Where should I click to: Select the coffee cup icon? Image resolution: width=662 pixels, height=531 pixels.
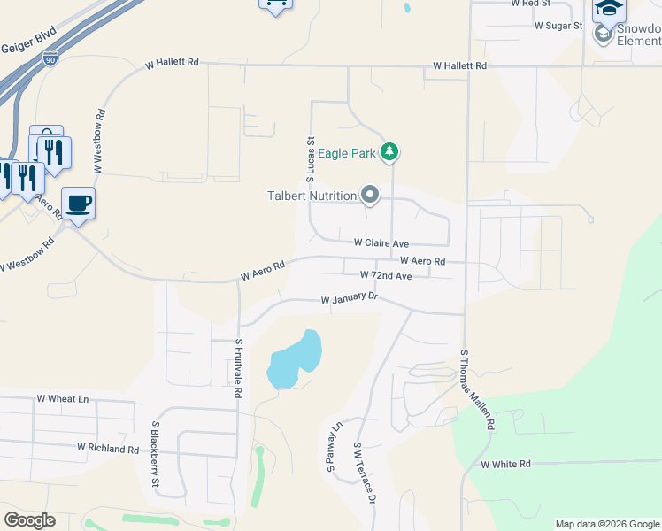point(78,204)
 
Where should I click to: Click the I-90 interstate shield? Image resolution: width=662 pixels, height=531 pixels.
point(50,59)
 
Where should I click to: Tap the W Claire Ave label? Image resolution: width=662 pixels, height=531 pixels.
point(381,242)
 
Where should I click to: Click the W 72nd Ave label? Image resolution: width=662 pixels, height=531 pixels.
point(385,276)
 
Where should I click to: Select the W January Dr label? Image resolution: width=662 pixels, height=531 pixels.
point(349,300)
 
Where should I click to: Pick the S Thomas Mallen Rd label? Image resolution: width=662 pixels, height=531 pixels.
point(476,389)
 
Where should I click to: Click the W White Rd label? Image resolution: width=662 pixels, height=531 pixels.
point(505,464)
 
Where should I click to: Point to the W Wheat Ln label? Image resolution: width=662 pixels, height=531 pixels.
point(63,399)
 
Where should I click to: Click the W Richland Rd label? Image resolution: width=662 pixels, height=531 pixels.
point(107,449)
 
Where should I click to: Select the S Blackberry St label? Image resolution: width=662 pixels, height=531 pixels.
point(154,454)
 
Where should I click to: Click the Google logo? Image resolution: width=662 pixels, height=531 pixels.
point(29,520)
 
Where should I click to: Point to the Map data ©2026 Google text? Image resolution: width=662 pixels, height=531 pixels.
point(606,524)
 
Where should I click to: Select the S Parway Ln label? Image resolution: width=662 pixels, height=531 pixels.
point(334,447)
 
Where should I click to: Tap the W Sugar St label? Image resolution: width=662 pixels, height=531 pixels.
point(558,26)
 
